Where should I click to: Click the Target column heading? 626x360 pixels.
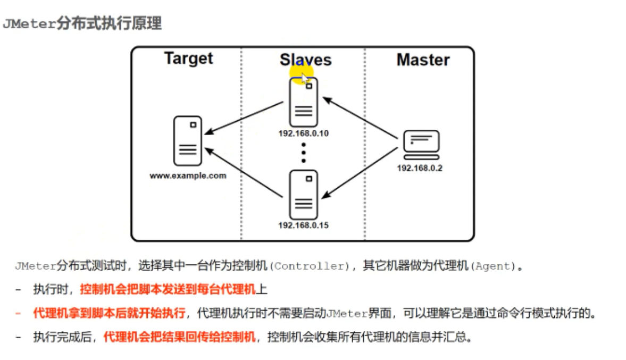(x=188, y=58)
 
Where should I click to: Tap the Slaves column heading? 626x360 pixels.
(x=305, y=60)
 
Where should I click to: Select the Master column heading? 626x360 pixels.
(x=423, y=60)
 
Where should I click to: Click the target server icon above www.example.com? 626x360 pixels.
(x=188, y=141)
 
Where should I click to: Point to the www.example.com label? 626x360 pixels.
(x=188, y=175)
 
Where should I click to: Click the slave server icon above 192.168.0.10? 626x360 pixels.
(x=303, y=102)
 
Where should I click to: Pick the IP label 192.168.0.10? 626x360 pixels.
(x=303, y=133)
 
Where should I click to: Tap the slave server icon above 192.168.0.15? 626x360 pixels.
(x=303, y=194)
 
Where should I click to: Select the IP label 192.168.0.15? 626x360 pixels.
(x=303, y=225)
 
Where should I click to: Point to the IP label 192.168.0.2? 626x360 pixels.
(x=420, y=168)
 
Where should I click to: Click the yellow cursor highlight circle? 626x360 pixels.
(x=302, y=71)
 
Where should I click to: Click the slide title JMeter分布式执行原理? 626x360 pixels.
(x=82, y=24)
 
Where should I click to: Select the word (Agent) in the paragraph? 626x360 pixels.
(x=494, y=266)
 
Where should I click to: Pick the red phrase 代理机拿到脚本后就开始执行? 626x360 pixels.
(x=109, y=313)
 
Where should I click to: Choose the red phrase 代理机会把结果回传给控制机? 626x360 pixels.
(x=179, y=337)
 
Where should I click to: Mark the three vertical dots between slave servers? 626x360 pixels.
(x=304, y=152)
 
